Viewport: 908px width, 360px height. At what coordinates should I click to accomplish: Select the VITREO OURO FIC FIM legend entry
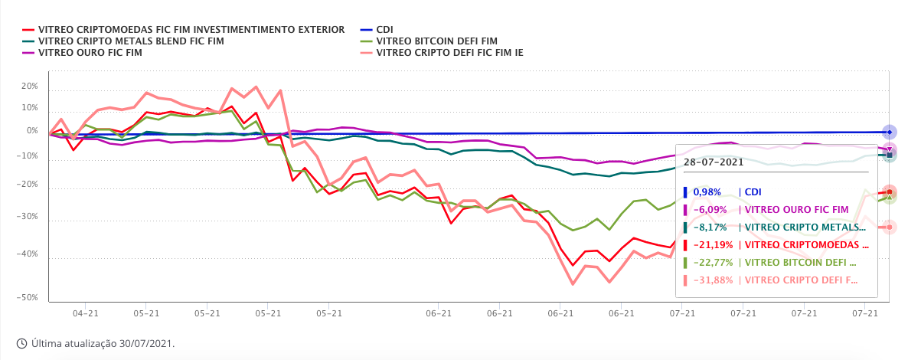click(90, 53)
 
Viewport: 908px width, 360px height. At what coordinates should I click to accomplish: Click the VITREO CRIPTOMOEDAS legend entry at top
click(191, 30)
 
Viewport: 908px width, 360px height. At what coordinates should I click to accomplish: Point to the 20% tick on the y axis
click(29, 87)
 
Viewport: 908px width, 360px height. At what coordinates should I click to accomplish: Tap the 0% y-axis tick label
click(31, 131)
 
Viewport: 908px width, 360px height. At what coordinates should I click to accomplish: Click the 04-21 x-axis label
click(85, 313)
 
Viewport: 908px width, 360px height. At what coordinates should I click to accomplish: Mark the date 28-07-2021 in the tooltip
click(714, 162)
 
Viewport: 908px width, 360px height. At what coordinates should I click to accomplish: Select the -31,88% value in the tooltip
click(713, 280)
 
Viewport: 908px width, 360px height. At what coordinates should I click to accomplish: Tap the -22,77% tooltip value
click(713, 262)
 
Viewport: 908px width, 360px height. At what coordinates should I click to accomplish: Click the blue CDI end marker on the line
click(889, 133)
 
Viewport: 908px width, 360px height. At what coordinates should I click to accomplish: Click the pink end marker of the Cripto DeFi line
click(889, 227)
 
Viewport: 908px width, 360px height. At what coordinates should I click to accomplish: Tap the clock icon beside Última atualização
click(21, 343)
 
